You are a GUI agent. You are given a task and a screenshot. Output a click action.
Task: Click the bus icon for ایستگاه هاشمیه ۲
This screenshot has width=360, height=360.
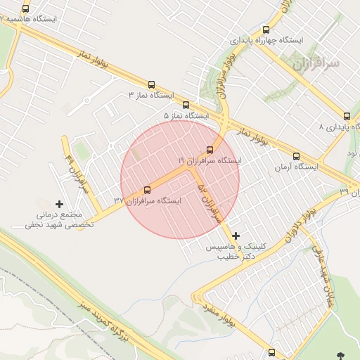coord(26,9)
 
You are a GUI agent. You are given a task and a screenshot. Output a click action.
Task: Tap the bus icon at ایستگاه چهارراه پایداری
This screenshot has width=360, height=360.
coord(266,30)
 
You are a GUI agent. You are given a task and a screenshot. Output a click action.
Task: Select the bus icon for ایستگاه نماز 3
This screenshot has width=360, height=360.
coord(151,84)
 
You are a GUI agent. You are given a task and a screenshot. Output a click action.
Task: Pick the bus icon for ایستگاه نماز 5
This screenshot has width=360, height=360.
coord(186,105)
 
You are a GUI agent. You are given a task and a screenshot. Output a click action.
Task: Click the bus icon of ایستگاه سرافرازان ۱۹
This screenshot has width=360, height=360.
coord(210,149)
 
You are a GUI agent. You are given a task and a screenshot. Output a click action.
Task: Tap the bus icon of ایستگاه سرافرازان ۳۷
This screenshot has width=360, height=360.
coord(147,190)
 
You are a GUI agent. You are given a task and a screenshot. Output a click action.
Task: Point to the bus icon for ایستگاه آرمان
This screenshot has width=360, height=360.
coord(296,156)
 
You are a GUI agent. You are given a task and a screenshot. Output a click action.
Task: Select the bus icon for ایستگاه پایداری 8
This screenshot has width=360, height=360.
coord(347,117)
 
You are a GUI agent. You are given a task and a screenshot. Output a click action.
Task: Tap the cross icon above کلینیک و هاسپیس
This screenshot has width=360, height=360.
coord(235,236)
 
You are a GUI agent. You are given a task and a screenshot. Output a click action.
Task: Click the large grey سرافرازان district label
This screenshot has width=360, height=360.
coord(314,65)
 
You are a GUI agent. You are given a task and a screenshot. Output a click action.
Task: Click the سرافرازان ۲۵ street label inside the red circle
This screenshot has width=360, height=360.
coord(209,200)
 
